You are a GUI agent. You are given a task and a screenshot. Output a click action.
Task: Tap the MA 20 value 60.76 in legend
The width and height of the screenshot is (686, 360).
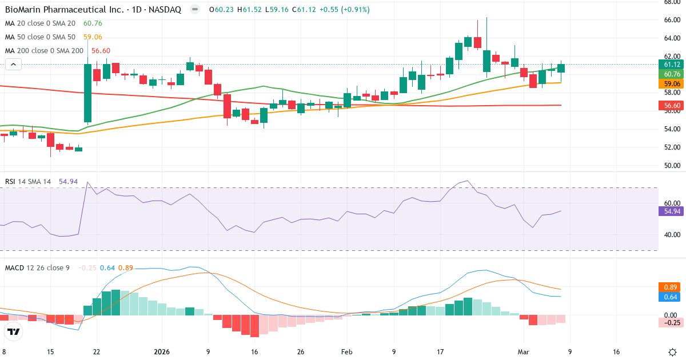[93, 23]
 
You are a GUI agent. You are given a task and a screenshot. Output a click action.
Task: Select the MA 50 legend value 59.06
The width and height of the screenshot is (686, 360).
[93, 37]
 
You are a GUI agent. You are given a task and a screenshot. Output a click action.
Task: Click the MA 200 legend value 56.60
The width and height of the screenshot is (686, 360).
[101, 51]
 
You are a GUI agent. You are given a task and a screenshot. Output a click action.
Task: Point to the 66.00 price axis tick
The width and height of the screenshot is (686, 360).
[672, 20]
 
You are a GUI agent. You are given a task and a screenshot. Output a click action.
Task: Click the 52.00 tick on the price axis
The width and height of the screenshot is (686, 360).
[672, 147]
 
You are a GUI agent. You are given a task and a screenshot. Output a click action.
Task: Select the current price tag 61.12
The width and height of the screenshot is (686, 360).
[672, 65]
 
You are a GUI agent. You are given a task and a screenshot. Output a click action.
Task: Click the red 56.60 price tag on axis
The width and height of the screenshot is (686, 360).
[672, 106]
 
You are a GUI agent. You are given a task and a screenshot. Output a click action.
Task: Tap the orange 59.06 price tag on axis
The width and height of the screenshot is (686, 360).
[672, 83]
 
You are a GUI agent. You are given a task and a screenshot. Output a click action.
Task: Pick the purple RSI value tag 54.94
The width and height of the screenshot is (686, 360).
[672, 211]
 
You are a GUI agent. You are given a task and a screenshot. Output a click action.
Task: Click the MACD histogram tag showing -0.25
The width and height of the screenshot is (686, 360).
[672, 323]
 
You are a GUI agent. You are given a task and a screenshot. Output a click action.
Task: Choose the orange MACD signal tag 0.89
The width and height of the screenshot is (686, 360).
[672, 287]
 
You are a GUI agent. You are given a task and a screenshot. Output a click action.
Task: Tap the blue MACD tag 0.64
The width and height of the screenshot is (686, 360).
[672, 297]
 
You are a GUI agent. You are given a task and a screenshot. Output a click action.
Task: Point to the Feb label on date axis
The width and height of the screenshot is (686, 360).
[347, 352]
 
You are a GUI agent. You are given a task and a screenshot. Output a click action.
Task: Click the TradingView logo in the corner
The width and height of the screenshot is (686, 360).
[14, 331]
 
